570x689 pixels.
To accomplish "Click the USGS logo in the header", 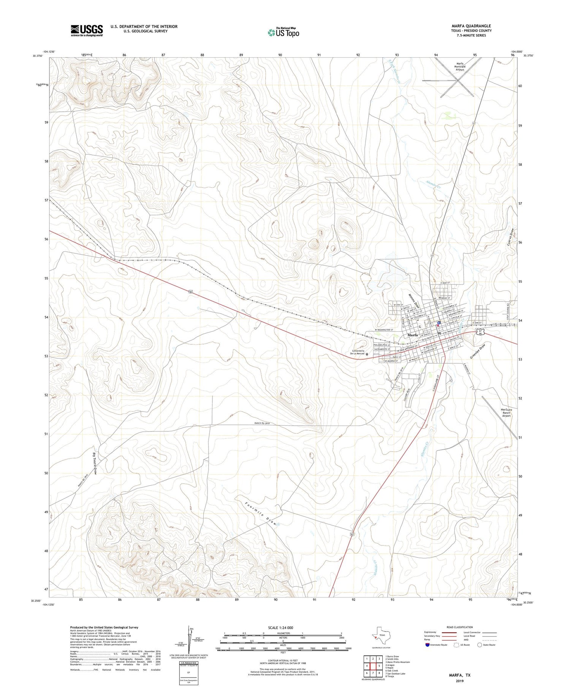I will click(87, 30).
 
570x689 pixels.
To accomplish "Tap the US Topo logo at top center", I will click(283, 33).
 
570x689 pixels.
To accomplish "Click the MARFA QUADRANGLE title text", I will click(471, 26).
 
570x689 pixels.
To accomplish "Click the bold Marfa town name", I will click(413, 335).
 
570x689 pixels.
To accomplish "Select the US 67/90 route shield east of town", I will click(481, 332).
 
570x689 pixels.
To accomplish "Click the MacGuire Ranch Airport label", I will click(506, 413).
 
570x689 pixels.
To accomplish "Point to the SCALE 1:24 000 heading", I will click(280, 627).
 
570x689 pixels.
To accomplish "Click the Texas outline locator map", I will click(381, 635).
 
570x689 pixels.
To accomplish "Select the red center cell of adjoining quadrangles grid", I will click(373, 666).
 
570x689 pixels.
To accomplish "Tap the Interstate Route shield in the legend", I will click(427, 645).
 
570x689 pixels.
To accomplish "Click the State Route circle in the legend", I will click(480, 645).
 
